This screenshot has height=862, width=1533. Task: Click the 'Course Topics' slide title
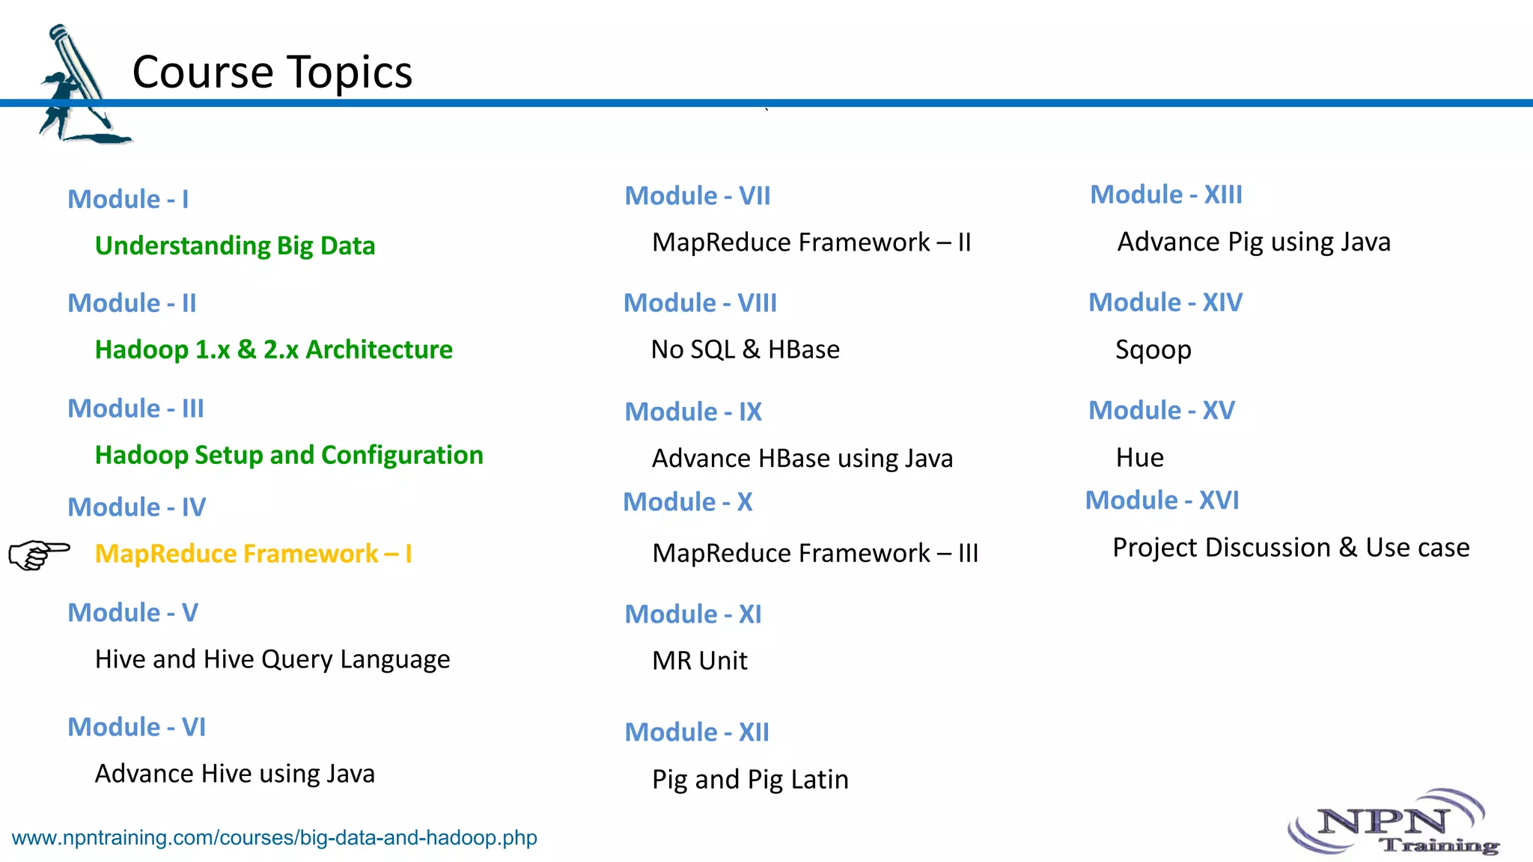tap(272, 72)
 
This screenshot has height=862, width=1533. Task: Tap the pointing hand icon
tap(39, 554)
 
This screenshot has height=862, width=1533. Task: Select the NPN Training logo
tap(1395, 824)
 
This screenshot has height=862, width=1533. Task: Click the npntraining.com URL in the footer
tap(274, 837)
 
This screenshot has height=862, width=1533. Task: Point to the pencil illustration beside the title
tap(78, 84)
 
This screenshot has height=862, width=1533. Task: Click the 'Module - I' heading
tap(128, 199)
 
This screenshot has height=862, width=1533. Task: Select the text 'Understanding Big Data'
tap(235, 245)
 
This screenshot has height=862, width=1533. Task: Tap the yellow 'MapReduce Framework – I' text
tap(253, 554)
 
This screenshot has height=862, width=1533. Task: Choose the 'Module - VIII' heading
tap(700, 303)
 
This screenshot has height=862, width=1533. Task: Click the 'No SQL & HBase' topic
tap(745, 349)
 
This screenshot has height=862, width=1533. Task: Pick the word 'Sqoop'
tap(1153, 350)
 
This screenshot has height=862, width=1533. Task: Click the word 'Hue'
tap(1139, 457)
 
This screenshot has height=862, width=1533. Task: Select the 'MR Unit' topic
tap(699, 661)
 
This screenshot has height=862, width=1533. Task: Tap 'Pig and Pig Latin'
tap(750, 780)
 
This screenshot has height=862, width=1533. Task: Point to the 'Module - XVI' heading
tap(1162, 500)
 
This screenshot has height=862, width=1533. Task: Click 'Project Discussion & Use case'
tap(1290, 548)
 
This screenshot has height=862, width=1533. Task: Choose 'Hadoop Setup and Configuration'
tap(289, 455)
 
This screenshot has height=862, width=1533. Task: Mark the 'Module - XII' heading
tap(697, 732)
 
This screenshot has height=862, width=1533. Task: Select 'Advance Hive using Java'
tap(234, 774)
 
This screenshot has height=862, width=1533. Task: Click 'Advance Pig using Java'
tap(1254, 242)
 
